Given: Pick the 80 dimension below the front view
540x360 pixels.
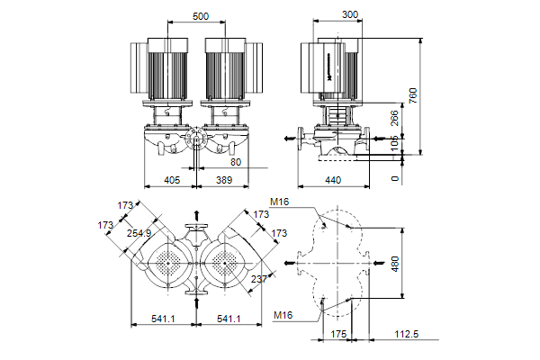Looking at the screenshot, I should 236,162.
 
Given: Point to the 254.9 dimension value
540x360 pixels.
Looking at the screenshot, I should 139,233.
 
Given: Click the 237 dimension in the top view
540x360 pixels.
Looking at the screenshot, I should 261,278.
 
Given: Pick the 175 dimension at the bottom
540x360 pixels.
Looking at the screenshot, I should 339,334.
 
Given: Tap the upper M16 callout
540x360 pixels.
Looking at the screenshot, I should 280,202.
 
